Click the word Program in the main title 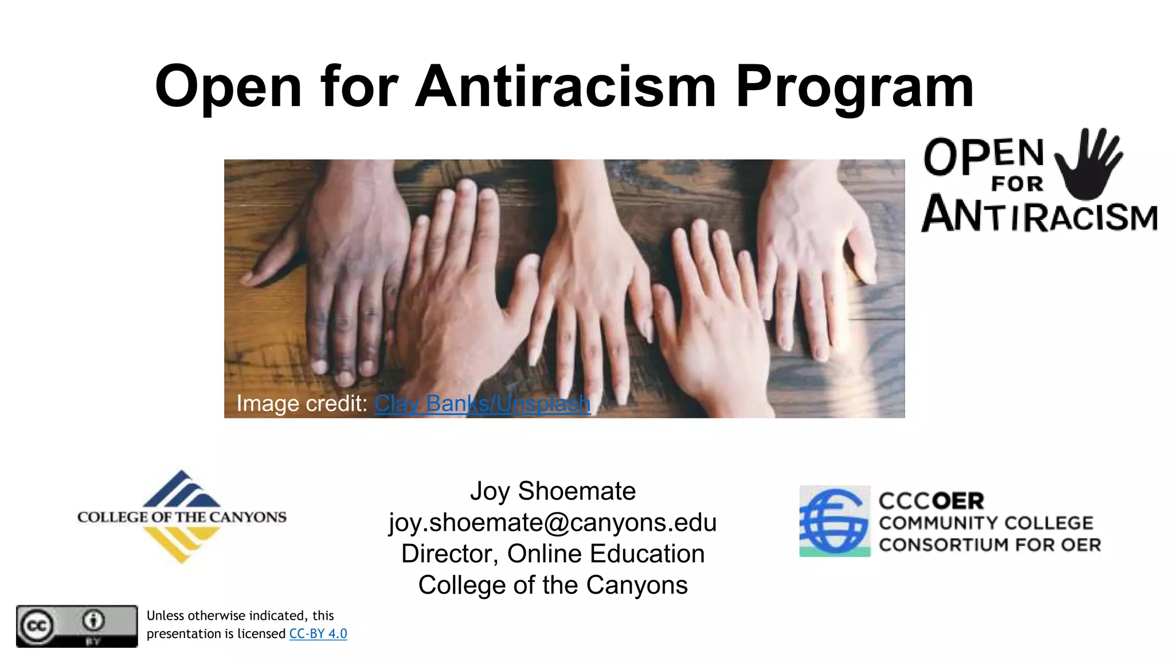tap(854, 87)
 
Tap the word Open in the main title tap(228, 87)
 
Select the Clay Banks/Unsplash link tap(482, 404)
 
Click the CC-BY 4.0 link tap(318, 633)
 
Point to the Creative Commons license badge tap(77, 626)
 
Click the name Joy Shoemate tap(553, 491)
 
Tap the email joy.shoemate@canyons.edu tap(553, 523)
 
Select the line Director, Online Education tap(553, 554)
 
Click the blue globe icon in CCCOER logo tap(835, 521)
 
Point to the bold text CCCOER tap(931, 501)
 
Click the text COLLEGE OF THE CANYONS tap(182, 517)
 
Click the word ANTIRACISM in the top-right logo tap(1039, 215)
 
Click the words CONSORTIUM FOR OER tap(989, 545)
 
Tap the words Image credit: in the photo tap(302, 404)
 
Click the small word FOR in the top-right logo tap(1017, 184)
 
